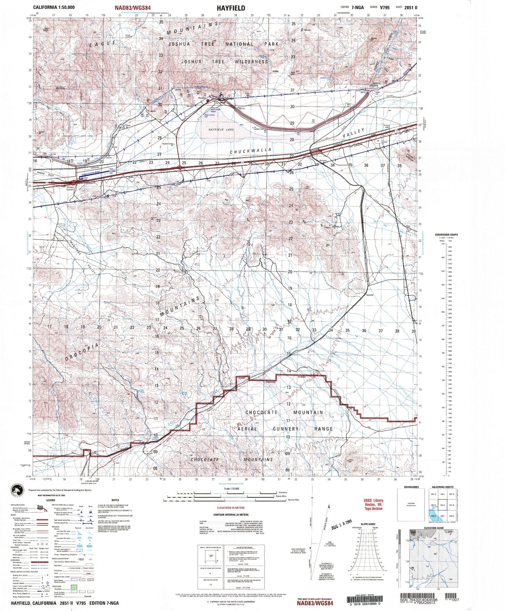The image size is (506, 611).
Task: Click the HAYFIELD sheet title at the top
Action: click(x=231, y=8)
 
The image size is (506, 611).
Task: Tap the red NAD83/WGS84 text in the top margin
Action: click(x=133, y=7)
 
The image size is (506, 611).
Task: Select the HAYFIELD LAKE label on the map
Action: click(x=221, y=130)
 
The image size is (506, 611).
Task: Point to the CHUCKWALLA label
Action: click(x=251, y=151)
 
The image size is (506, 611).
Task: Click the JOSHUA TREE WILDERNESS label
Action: click(x=225, y=62)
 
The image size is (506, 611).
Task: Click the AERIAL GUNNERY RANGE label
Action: click(x=285, y=429)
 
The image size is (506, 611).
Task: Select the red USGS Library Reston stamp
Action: click(x=373, y=504)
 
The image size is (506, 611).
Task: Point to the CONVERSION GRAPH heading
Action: click(x=446, y=234)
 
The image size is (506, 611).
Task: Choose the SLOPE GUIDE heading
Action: click(x=368, y=524)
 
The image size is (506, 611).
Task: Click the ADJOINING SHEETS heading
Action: click(x=443, y=487)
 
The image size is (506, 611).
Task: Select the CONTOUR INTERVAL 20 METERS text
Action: click(x=231, y=515)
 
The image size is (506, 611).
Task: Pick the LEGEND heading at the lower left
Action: click(x=50, y=500)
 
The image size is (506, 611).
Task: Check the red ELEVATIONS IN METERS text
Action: click(x=231, y=508)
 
